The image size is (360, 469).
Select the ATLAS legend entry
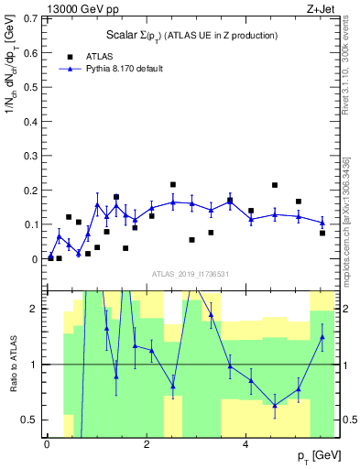click(102, 55)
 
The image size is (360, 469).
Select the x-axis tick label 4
click(246, 445)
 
